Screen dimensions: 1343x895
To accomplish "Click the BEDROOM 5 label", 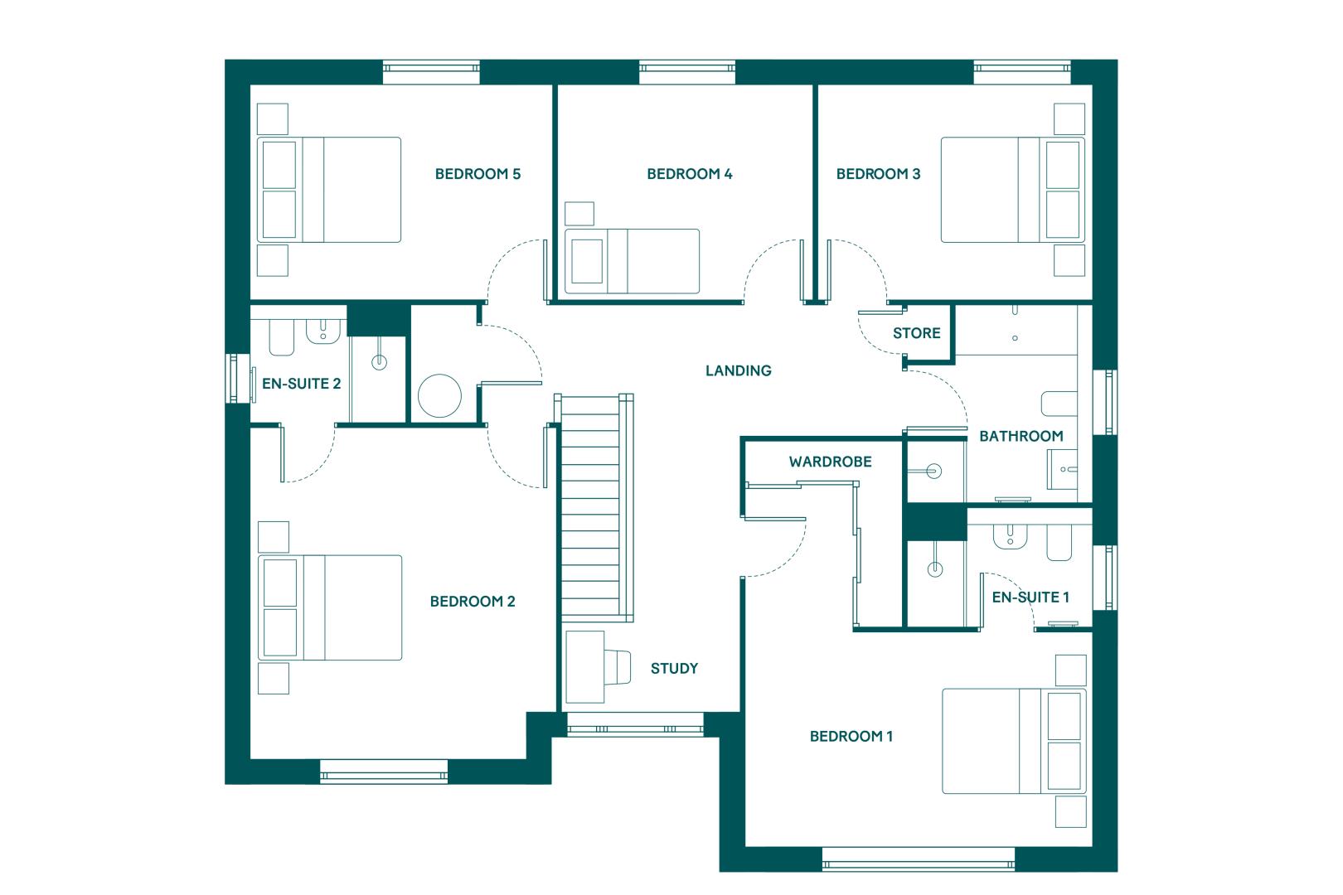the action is tap(478, 174).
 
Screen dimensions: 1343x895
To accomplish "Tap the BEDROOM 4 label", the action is tap(690, 174).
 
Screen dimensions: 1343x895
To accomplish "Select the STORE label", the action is tap(916, 333).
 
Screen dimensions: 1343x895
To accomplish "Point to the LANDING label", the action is tap(738, 371).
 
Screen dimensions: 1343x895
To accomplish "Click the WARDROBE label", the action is tap(830, 462).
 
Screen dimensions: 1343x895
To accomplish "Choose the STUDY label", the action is tap(674, 669).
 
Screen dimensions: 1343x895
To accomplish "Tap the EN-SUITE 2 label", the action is tap(301, 384).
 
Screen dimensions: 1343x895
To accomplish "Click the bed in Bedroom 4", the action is tap(632, 261).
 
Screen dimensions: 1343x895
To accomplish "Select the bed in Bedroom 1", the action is tap(1014, 741).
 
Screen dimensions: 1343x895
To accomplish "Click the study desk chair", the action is tap(618, 667).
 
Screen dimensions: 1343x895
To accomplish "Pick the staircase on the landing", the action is tap(594, 508).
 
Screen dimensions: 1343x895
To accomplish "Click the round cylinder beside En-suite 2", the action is tap(439, 395).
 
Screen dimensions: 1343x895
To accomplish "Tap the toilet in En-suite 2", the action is tap(281, 337).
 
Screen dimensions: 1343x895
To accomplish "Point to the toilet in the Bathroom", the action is tap(1059, 404).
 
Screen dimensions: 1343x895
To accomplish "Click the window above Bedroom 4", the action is tap(687, 72).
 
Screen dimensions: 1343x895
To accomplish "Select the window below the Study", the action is tap(635, 725).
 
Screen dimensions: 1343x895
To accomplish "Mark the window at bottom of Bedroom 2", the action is tap(384, 772).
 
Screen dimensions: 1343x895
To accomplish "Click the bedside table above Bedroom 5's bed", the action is tap(272, 119).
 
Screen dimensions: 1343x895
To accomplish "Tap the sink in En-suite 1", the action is tap(1011, 536).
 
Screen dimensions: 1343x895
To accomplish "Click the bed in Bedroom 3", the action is tap(1013, 190).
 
